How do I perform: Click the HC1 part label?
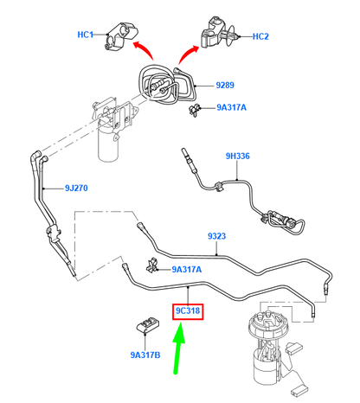pyautogui.click(x=86, y=35)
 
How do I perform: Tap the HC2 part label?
pyautogui.click(x=260, y=36)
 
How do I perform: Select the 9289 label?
pyautogui.click(x=225, y=86)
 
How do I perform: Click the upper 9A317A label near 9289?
pyautogui.click(x=231, y=107)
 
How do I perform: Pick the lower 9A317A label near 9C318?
pyautogui.click(x=187, y=270)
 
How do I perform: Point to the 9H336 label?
pyautogui.click(x=237, y=157)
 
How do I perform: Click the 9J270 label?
pyautogui.click(x=76, y=189)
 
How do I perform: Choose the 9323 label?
pyautogui.click(x=217, y=236)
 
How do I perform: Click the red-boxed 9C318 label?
pyautogui.click(x=188, y=311)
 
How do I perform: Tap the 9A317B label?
pyautogui.click(x=145, y=355)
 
